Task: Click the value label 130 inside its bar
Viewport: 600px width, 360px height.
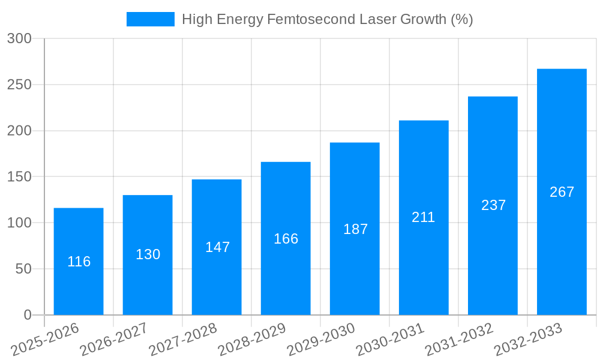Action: [148, 254]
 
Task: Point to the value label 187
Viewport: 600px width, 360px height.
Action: [355, 229]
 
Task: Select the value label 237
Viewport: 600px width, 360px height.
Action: [493, 205]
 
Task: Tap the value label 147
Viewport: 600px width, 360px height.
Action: [217, 247]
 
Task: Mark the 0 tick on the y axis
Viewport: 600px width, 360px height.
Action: [28, 315]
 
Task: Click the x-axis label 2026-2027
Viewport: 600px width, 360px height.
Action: [114, 340]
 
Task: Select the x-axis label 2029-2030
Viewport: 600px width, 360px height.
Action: [321, 340]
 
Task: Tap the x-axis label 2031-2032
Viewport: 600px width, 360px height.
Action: [459, 340]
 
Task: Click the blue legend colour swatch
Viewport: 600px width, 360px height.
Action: [150, 19]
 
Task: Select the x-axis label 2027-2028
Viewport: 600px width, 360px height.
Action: [183, 340]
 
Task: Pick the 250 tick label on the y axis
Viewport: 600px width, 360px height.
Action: [19, 85]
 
